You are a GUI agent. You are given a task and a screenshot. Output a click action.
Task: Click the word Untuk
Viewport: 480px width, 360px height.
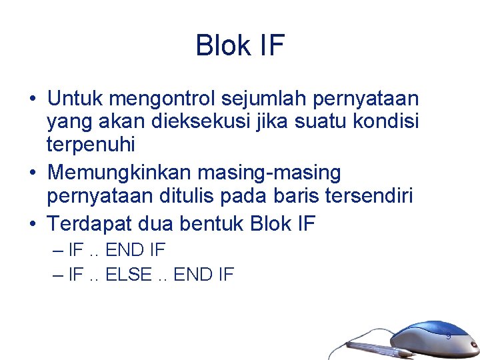(75, 99)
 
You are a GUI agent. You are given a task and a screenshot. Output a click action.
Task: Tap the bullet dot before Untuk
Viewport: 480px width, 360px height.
(32, 100)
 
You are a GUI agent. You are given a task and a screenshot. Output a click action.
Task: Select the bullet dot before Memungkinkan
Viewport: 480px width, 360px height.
(32, 173)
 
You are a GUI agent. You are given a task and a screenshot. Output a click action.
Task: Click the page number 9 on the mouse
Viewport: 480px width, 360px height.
(448, 336)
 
